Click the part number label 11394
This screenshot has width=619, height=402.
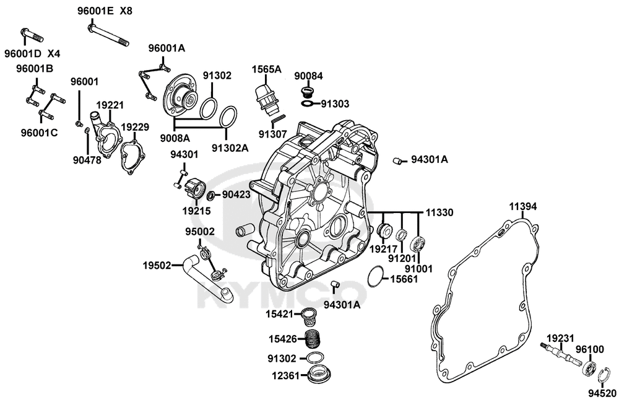[x=523, y=206]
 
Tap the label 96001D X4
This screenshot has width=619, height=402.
[x=32, y=53]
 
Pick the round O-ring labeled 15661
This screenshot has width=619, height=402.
[x=374, y=276]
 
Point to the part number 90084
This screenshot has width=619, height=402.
[x=308, y=76]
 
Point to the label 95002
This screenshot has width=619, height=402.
[x=200, y=232]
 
